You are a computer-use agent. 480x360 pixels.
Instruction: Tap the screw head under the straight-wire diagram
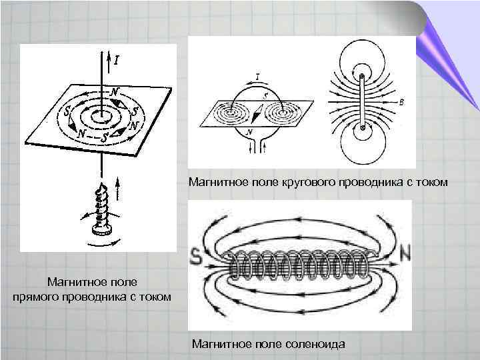(x=102, y=230)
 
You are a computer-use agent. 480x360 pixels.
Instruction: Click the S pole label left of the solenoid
(x=197, y=255)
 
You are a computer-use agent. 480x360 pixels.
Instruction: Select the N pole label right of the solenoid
(x=406, y=253)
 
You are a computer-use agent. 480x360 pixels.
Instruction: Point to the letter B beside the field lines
(x=401, y=103)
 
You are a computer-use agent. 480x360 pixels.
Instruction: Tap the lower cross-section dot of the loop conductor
(x=362, y=127)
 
